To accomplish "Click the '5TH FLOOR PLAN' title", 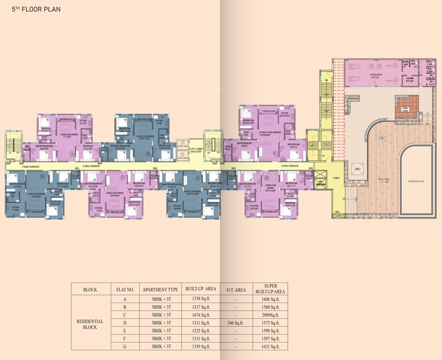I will tap(33, 9).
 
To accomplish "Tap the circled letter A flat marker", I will tap(72, 153).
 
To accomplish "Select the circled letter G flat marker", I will tap(43, 176).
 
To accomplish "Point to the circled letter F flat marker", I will tap(123, 178).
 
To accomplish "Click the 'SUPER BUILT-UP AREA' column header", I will tap(270, 289).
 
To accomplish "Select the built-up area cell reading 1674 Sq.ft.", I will tap(201, 315).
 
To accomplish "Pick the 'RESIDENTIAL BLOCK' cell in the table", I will tap(90, 324).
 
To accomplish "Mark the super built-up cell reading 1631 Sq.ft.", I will tap(270, 346).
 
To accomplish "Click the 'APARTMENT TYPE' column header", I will tap(160, 289).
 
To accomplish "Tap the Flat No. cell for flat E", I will tap(125, 331).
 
